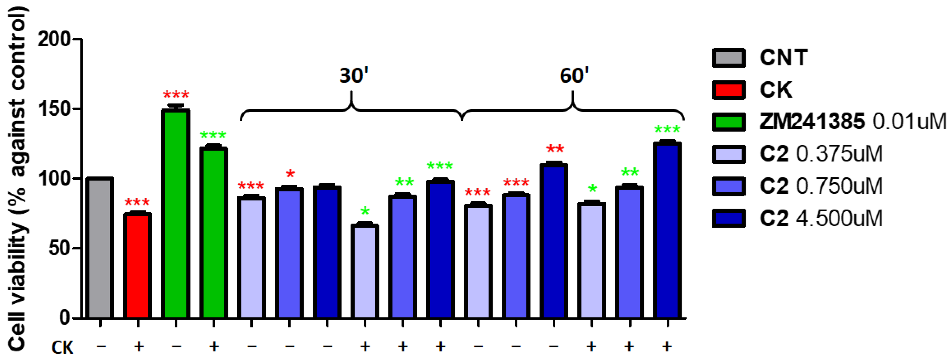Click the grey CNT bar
100,248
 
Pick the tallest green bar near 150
176,214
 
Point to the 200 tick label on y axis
54,39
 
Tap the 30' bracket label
354,76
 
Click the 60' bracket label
574,76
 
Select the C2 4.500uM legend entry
821,218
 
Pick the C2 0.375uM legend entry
821,154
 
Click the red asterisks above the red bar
137,202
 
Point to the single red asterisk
290,173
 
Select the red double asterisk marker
555,149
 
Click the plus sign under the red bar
138,346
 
